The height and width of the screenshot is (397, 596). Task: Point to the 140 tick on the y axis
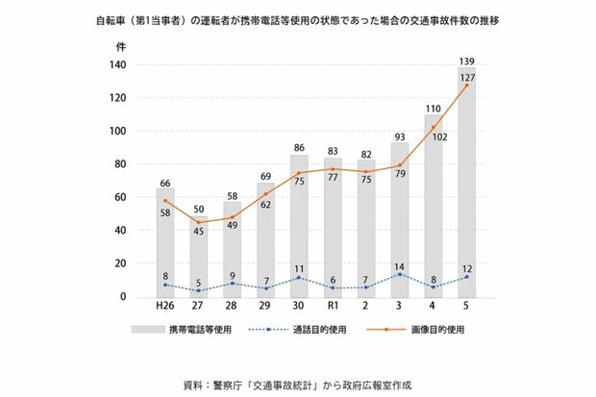click(119, 65)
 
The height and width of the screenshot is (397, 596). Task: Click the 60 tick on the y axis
click(122, 197)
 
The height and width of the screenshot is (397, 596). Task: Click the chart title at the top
click(298, 18)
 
